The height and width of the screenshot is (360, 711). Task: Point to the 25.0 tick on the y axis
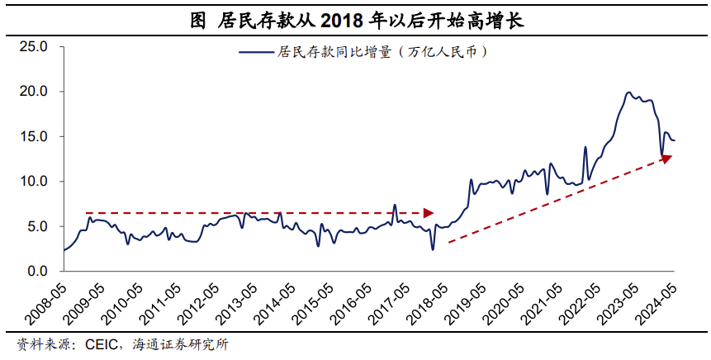[x=34, y=46]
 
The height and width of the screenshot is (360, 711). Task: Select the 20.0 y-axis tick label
[x=34, y=91]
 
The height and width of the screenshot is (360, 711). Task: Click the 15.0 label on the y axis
[x=34, y=136]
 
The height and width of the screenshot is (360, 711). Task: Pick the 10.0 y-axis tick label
[x=34, y=181]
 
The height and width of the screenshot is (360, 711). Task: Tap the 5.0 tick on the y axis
[x=37, y=226]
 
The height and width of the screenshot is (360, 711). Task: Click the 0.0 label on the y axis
[x=37, y=271]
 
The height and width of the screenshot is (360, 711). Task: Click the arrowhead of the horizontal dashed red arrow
[x=429, y=213]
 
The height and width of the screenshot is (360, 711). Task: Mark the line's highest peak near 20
[x=628, y=92]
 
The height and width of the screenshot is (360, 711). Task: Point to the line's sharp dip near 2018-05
[x=432, y=249]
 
